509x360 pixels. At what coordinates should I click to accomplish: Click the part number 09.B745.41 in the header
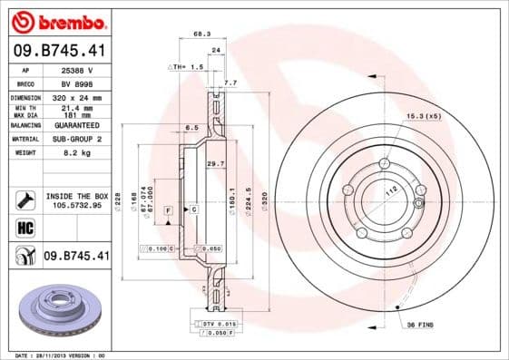point(61,51)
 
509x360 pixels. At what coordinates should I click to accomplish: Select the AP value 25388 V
point(76,69)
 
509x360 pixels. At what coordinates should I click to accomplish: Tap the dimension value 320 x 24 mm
point(76,97)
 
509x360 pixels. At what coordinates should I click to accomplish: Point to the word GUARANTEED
point(76,125)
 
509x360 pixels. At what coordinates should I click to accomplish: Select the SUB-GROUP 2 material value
point(76,140)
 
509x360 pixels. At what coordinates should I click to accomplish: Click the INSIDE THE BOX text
point(77,196)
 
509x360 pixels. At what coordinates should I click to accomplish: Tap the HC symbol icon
point(25,227)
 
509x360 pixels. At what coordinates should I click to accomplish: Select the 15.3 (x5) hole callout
point(426,116)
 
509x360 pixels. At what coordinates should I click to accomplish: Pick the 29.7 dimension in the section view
point(216,163)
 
